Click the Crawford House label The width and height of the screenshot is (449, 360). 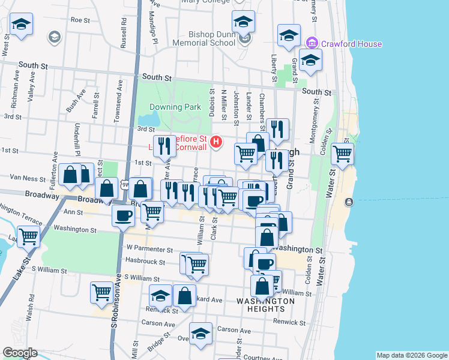[351, 44]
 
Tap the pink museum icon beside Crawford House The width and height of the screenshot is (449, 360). [311, 43]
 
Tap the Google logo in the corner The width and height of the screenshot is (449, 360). [20, 353]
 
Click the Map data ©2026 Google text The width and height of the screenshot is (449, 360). [412, 355]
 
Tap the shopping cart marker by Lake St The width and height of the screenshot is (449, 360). [28, 236]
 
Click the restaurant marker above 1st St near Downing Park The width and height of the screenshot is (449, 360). [164, 145]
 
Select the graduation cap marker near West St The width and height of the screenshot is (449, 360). [21, 25]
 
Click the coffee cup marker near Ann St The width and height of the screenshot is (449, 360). [124, 215]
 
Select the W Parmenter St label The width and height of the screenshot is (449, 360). [149, 249]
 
